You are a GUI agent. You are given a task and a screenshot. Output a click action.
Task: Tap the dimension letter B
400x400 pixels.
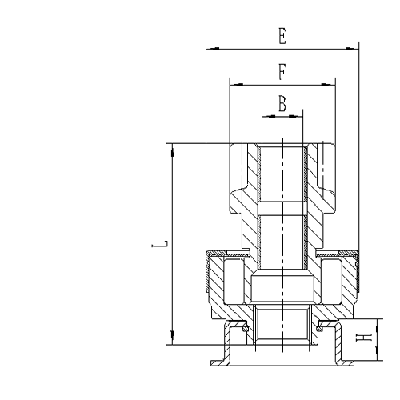pyautogui.click(x=282, y=103)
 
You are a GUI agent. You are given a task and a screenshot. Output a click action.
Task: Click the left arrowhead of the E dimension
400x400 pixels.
pyautogui.click(x=210, y=48)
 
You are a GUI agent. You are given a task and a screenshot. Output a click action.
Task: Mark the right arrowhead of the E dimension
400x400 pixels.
pyautogui.click(x=354, y=48)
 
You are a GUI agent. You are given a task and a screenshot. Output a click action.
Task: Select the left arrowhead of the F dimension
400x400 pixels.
pyautogui.click(x=233, y=82)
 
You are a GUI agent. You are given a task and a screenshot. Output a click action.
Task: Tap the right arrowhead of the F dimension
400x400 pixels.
pyautogui.click(x=331, y=82)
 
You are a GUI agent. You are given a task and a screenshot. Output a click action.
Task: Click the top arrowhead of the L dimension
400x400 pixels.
pyautogui.click(x=172, y=147)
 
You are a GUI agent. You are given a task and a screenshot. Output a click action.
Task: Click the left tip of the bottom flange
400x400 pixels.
pyautogui.click(x=211, y=364)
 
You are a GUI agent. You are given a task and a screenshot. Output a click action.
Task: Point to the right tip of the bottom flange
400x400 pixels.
pyautogui.click(x=354, y=364)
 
